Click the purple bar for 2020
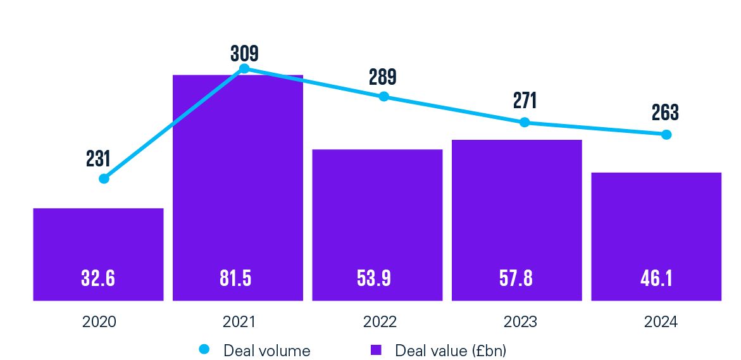98,253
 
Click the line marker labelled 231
104,178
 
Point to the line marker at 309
244,68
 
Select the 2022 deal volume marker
383,97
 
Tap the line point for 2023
524,122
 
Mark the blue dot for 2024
666,134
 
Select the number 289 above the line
383,77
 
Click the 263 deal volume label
665,113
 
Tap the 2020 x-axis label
99,322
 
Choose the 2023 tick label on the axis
520,322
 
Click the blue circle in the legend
204,349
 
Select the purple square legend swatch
376,349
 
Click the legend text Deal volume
266,350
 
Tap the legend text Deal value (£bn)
450,350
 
